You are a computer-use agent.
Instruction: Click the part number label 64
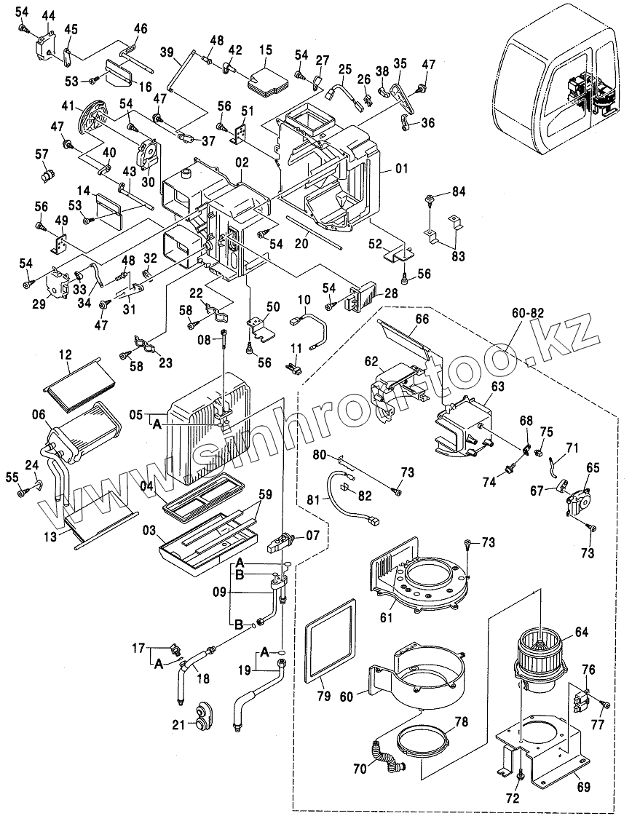tap(581, 632)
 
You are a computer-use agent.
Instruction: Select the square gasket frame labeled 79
tap(330, 643)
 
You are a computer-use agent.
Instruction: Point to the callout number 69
tap(583, 787)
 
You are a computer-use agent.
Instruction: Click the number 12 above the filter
tap(66, 354)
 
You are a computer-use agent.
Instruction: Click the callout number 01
tap(401, 169)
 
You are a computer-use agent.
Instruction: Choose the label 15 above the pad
tap(266, 49)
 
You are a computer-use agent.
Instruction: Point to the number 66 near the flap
tap(422, 319)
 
